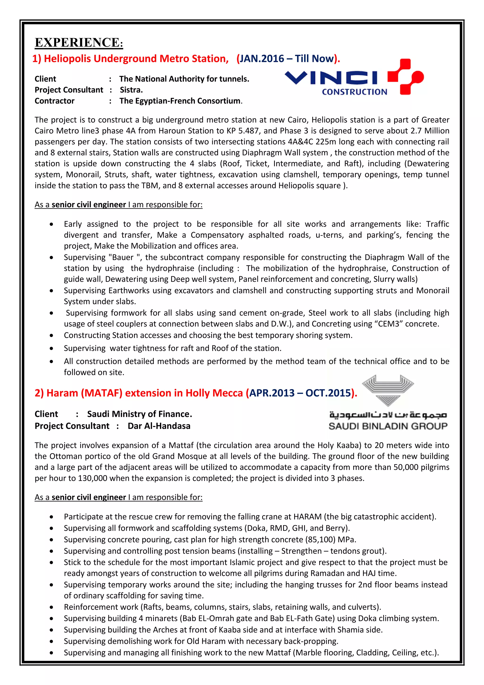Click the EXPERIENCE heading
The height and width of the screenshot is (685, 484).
79,43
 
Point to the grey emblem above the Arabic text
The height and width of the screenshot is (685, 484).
388,390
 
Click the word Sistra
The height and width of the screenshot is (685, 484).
131,90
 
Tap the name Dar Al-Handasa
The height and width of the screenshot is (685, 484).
159,426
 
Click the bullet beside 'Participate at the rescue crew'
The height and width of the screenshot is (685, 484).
52,517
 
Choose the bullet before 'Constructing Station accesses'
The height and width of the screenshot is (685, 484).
52,335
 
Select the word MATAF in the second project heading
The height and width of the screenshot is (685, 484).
102,393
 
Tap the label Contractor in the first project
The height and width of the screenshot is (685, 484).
55,101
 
